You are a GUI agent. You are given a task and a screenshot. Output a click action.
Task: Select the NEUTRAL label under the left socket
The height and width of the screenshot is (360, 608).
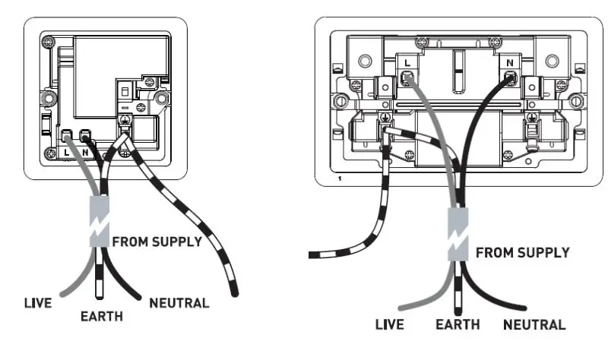(179, 303)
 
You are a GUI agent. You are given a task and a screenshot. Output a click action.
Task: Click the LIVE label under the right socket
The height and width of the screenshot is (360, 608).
(393, 325)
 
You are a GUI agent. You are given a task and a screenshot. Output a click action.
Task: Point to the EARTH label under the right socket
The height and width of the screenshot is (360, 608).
(458, 325)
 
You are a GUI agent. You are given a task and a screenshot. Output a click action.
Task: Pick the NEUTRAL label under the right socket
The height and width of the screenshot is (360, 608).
(535, 325)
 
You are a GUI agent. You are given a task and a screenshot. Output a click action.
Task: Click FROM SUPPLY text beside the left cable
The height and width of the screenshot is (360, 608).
(157, 242)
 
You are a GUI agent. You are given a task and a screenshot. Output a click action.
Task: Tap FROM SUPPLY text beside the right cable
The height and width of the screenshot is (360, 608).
(523, 253)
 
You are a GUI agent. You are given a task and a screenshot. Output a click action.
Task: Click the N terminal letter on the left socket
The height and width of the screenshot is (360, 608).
(85, 151)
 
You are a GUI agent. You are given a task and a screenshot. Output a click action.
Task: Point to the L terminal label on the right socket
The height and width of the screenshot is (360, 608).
(407, 62)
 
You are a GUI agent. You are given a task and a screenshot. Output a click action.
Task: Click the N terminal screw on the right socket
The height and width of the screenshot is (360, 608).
(510, 77)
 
